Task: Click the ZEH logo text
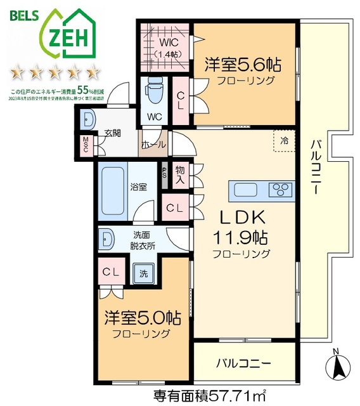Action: [67, 37]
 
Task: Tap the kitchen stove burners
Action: [279, 189]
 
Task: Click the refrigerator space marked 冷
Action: [285, 141]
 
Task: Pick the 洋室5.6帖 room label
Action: [243, 65]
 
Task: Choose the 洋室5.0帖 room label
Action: [143, 318]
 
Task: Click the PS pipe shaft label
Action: [165, 172]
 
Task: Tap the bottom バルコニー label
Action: [244, 363]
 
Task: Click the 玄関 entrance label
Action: [112, 133]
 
